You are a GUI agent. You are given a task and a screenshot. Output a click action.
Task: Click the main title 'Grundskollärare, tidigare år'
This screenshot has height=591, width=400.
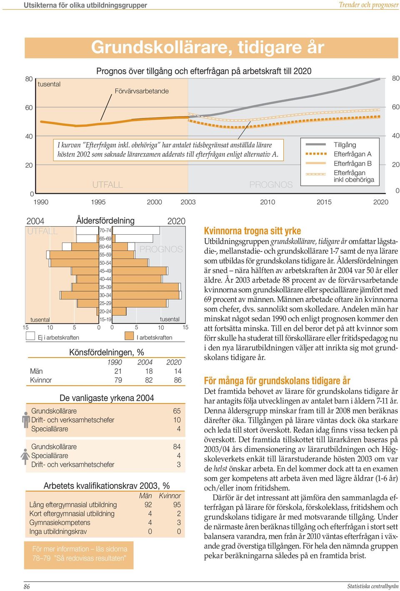[207, 48]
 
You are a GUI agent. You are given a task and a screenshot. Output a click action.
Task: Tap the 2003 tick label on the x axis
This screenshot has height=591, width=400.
[188, 202]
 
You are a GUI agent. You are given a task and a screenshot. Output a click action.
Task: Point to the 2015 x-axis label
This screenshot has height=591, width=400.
[324, 202]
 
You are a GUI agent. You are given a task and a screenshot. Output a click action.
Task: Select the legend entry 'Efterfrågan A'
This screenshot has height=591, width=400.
[352, 154]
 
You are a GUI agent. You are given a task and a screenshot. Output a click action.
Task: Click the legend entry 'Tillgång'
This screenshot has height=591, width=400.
[345, 145]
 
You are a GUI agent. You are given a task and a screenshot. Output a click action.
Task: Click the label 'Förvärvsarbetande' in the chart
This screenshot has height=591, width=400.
[142, 91]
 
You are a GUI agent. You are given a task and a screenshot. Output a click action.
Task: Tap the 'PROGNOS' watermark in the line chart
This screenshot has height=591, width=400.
[271, 184]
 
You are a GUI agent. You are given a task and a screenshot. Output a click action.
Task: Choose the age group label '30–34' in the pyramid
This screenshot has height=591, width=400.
[105, 295]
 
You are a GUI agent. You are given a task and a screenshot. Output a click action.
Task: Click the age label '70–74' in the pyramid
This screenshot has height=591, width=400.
[105, 230]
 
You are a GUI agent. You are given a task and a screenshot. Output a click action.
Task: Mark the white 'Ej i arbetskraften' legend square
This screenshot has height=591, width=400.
[30, 336]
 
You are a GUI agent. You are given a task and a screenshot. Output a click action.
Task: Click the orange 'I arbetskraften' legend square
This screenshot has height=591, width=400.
[129, 336]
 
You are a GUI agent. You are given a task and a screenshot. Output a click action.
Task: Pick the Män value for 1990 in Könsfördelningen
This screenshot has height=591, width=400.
[118, 371]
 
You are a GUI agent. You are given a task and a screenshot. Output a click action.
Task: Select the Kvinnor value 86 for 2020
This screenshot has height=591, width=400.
[178, 380]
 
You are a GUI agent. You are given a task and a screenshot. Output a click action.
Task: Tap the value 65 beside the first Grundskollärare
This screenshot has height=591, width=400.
[177, 411]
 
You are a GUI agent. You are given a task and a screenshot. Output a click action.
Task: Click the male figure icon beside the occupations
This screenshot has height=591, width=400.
[26, 420]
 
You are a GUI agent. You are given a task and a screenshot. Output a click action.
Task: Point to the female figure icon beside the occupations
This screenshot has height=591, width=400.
[25, 457]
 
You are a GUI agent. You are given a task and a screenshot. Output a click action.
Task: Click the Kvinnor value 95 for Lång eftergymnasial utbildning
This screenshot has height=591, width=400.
[177, 505]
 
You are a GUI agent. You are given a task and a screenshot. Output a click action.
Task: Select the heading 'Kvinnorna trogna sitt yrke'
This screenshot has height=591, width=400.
[252, 231]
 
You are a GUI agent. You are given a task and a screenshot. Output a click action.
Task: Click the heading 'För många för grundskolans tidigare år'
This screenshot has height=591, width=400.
[277, 381]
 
